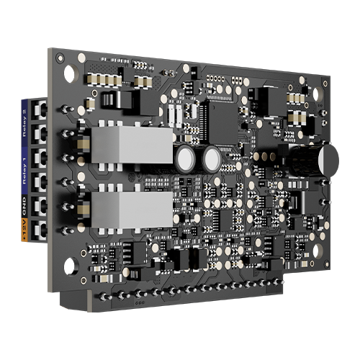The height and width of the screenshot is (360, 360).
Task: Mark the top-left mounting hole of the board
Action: point(68,73)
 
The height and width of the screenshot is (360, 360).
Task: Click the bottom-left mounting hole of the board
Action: point(69,268)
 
